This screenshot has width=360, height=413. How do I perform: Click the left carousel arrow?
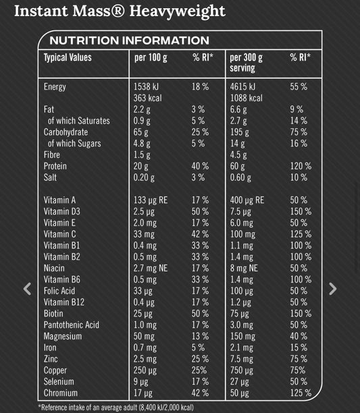pos(27,289)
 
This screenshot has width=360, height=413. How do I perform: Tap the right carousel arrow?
pos(332,289)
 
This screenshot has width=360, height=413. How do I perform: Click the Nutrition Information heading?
pos(129,40)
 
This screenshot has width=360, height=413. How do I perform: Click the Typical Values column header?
pos(68,57)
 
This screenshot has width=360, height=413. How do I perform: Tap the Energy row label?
pos(55,87)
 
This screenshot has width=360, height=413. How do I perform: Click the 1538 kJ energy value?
pos(148,87)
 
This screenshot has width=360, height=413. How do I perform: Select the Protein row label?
pos(55,166)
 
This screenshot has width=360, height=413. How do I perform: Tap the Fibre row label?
pos(53,155)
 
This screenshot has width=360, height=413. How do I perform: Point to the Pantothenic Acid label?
pos(71,325)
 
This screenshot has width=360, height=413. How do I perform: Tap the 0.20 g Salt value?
pos(144,177)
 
